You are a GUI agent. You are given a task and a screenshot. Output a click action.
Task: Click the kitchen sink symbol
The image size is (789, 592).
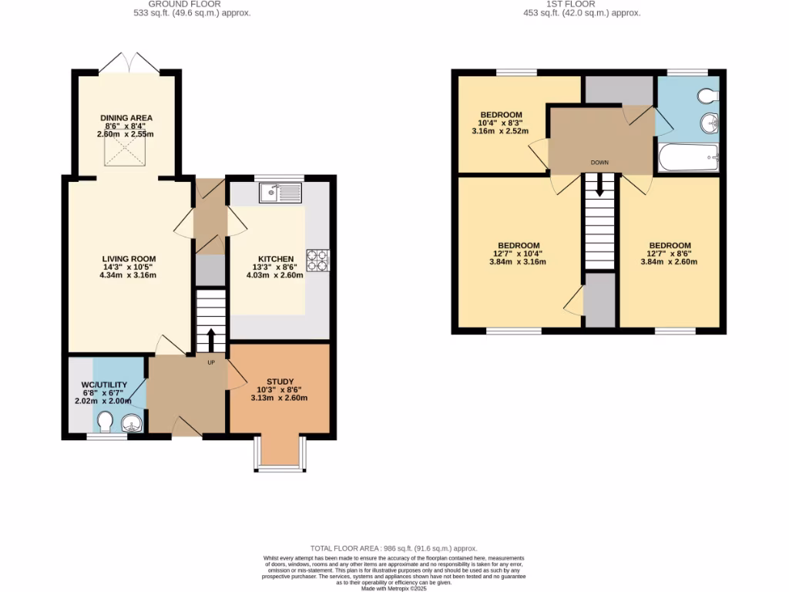click(280, 193)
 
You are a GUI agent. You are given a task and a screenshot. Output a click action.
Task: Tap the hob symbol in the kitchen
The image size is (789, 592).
click(317, 259)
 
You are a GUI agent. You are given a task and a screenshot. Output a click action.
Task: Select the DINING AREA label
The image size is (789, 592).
click(126, 118)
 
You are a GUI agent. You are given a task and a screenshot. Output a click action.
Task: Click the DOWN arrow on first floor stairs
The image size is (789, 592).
click(599, 185)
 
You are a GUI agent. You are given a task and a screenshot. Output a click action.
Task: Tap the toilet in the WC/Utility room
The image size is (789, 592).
click(106, 422)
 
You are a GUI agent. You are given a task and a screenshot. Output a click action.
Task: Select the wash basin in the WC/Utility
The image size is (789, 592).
click(133, 422)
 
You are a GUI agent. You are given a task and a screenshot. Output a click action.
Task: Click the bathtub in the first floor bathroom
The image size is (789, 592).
click(688, 157)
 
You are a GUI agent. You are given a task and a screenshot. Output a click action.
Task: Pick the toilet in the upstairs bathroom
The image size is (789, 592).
click(707, 96)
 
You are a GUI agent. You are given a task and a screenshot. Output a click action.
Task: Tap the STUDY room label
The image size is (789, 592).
click(279, 382)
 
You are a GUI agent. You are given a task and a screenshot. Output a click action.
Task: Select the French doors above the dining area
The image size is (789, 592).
click(129, 62)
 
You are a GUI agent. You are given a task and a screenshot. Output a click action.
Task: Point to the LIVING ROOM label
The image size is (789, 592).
click(129, 259)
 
